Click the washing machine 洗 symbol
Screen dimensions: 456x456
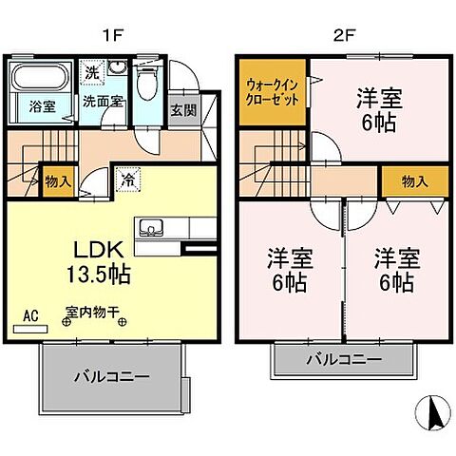tap(91, 71)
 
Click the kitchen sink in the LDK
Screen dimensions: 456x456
tap(150, 228)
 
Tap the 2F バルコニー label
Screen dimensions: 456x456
tap(343, 360)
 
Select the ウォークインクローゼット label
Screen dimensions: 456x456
tap(273, 92)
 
